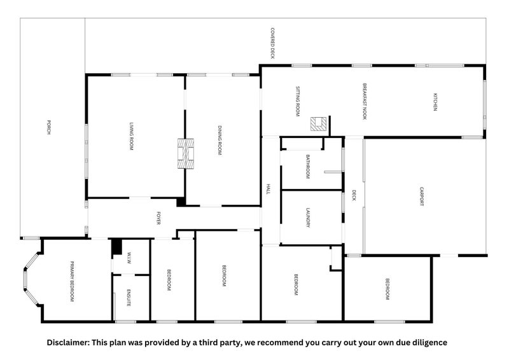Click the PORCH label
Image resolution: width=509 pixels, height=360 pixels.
click(x=49, y=127)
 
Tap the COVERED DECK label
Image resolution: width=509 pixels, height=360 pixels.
click(x=273, y=43)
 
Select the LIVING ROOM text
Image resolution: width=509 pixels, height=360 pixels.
click(x=132, y=136)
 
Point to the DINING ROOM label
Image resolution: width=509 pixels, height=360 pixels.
click(x=220, y=140)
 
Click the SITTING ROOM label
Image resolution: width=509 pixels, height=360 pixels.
click(x=298, y=101)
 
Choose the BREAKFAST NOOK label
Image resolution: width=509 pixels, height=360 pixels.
click(x=365, y=101)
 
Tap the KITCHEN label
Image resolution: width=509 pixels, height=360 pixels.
click(x=435, y=102)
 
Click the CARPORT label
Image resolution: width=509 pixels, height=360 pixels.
click(x=422, y=196)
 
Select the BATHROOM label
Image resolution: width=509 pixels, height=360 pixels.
click(x=308, y=167)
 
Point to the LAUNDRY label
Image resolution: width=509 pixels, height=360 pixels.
click(x=308, y=218)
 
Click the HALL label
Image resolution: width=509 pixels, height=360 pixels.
click(x=268, y=190)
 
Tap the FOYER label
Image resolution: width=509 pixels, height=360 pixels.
click(x=158, y=218)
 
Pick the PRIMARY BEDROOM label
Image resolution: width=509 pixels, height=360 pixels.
click(x=72, y=281)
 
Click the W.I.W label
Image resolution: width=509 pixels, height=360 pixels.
click(x=129, y=258)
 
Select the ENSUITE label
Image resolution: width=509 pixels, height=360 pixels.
click(x=129, y=298)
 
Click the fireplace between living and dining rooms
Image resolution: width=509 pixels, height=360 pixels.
click(x=186, y=153)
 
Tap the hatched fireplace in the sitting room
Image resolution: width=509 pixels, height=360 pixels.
click(x=319, y=124)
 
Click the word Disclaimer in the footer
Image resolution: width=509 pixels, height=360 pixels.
click(x=68, y=342)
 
